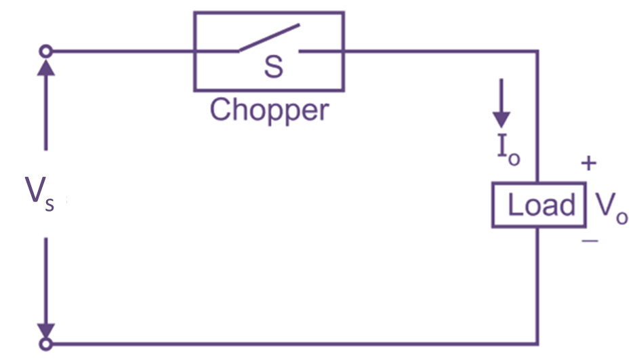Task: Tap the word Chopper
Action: (x=269, y=110)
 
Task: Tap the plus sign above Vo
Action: (x=590, y=163)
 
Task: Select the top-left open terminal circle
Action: (x=46, y=51)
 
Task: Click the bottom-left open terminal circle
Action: (x=46, y=344)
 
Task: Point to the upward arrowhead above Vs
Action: (x=46, y=66)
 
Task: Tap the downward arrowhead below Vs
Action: (x=46, y=329)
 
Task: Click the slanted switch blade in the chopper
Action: (x=268, y=39)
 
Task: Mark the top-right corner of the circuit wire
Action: (x=539, y=51)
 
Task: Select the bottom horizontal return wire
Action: (x=291, y=344)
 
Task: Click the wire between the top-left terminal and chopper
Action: (x=122, y=51)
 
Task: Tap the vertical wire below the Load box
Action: (x=539, y=285)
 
